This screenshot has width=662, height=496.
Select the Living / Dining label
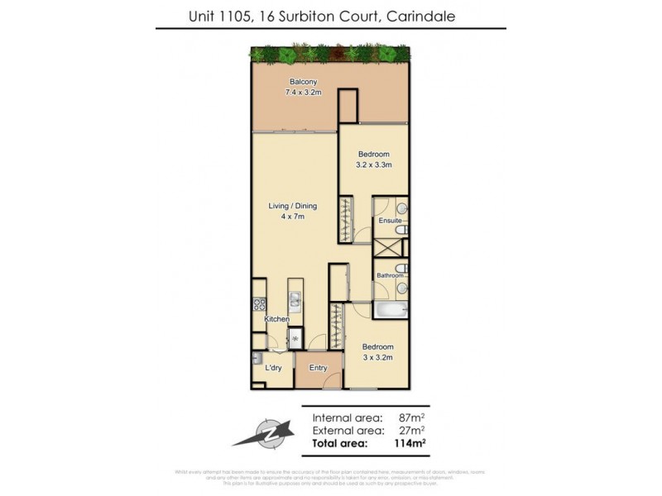pyautogui.click(x=292, y=206)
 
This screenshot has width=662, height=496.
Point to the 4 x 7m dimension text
pyautogui.click(x=292, y=217)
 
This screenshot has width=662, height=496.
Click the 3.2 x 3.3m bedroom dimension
pyautogui.click(x=374, y=165)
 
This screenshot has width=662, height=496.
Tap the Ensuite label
pyautogui.click(x=390, y=221)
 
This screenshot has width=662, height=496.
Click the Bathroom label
pyautogui.click(x=389, y=274)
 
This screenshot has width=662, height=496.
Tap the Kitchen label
pyautogui.click(x=276, y=319)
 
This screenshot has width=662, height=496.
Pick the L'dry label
pyautogui.click(x=274, y=368)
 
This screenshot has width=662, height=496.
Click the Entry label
pyautogui.click(x=318, y=368)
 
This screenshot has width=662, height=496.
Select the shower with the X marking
pyautogui.click(x=386, y=248)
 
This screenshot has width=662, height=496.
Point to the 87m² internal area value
pyautogui.click(x=412, y=417)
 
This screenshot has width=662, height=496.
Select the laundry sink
pyautogui.click(x=257, y=359)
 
